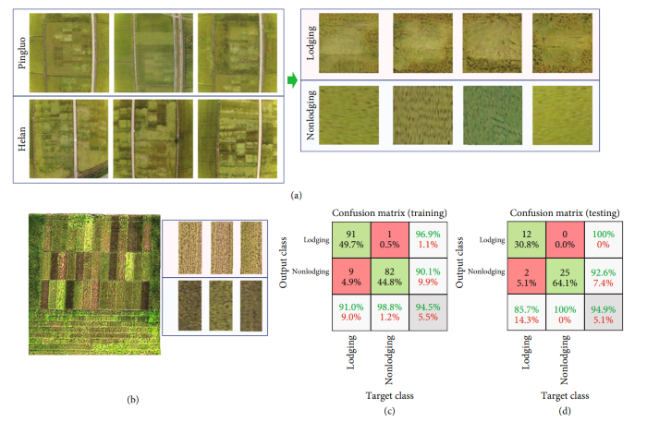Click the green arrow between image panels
[x=292, y=83]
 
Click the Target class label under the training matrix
[x=389, y=395]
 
